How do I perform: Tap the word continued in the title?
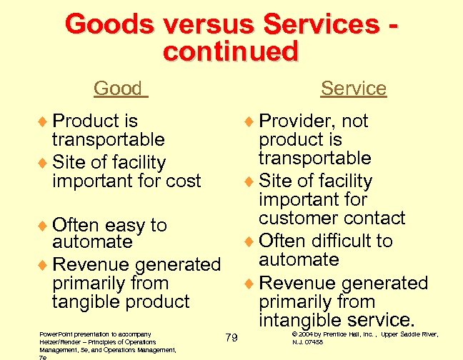tap(229, 51)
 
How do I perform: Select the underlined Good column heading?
tap(118, 89)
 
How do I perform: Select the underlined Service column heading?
tap(353, 89)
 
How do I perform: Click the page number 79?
tap(231, 337)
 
